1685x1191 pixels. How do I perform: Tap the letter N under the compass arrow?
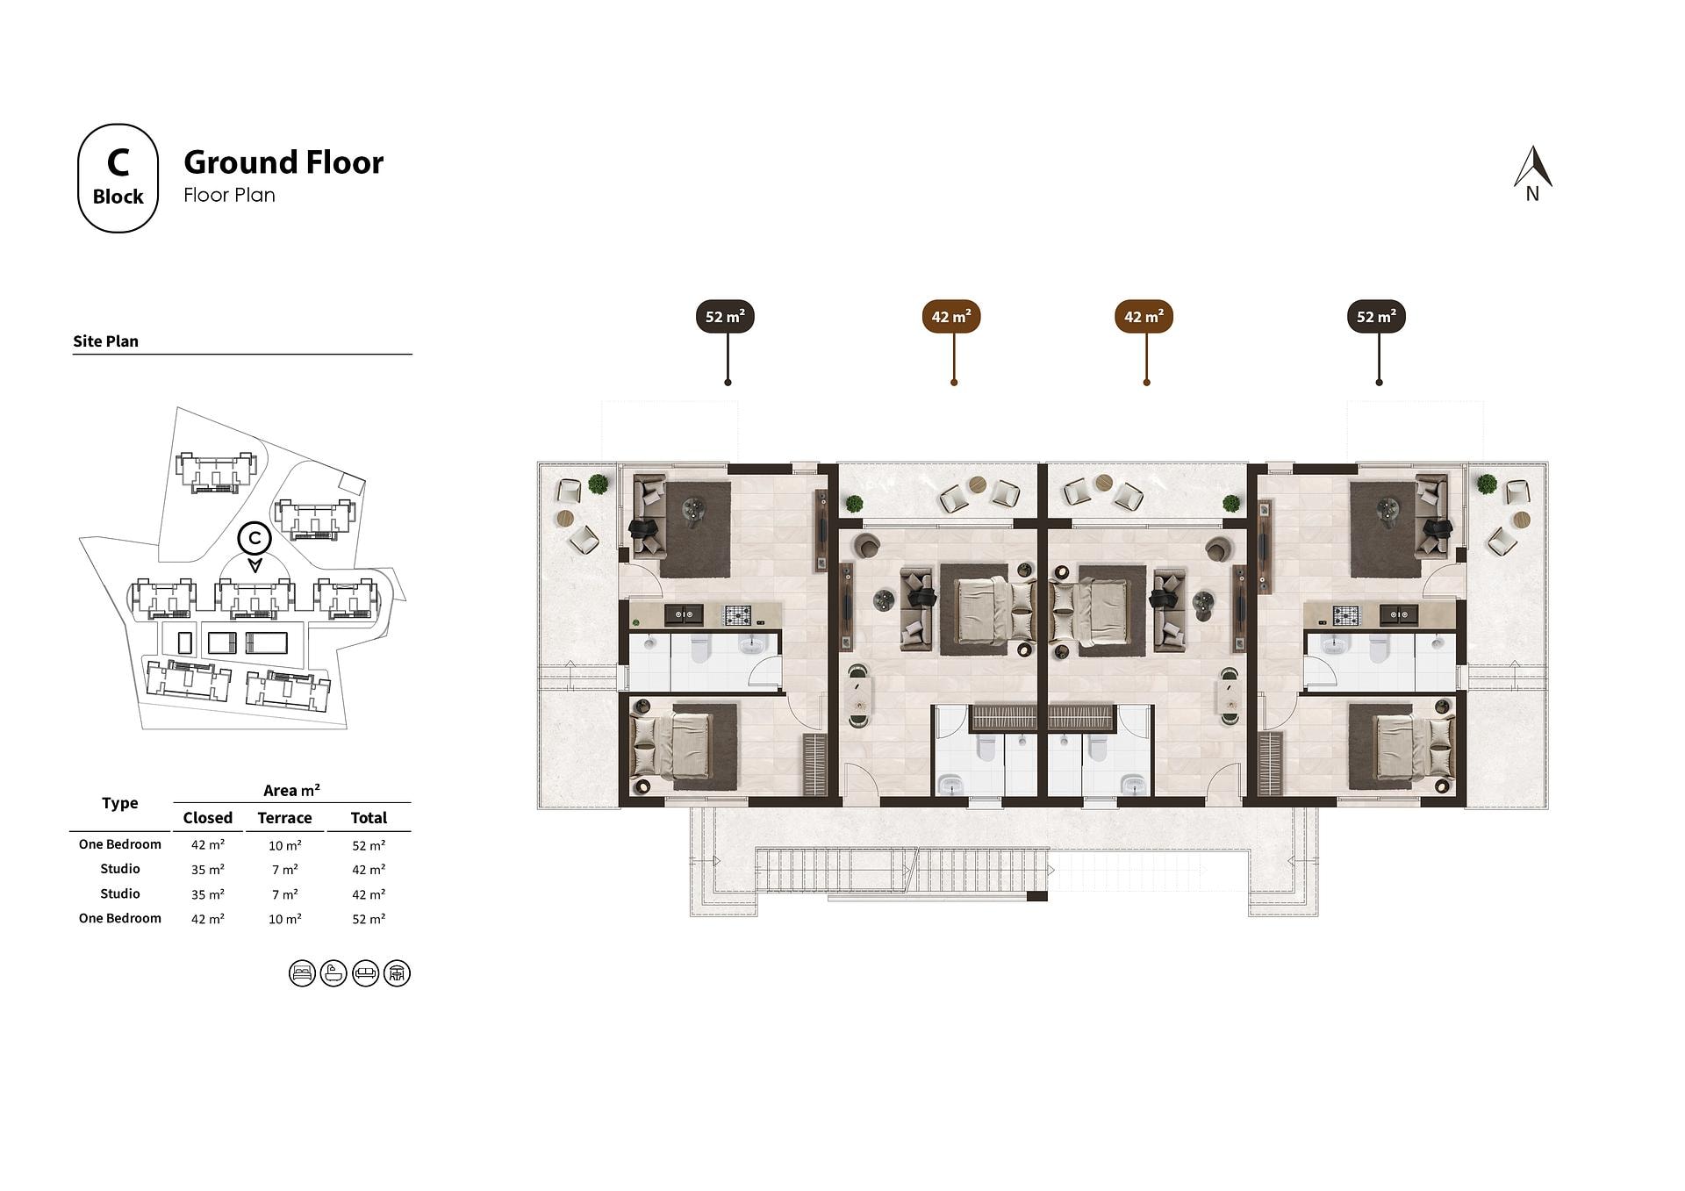point(1532,195)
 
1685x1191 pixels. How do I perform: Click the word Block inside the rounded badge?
point(118,197)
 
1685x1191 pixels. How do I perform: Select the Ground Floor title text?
point(283,162)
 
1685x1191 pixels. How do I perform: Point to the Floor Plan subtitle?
point(229,195)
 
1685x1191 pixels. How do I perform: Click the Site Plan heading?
point(105,341)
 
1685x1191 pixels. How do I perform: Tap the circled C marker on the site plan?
point(255,537)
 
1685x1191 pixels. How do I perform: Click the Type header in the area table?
point(119,803)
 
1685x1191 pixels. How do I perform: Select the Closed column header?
point(208,818)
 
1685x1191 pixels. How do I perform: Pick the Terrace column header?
point(284,818)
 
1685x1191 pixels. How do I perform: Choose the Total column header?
point(369,818)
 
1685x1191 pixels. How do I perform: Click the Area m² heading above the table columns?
point(291,791)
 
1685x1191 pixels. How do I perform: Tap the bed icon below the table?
point(302,973)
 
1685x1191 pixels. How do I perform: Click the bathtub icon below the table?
point(333,973)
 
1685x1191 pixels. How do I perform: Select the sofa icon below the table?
point(365,973)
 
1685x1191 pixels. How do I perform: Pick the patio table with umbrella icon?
point(397,973)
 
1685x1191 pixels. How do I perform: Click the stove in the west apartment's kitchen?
point(736,614)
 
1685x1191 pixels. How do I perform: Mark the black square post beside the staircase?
point(1036,896)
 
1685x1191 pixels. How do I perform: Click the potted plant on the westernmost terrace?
point(599,484)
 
